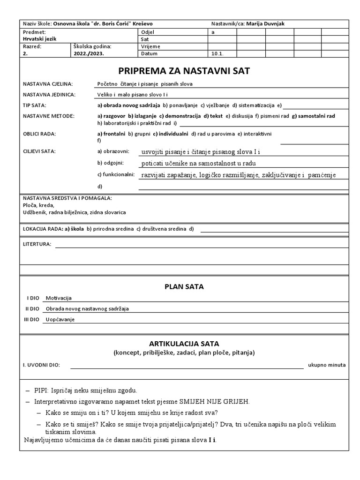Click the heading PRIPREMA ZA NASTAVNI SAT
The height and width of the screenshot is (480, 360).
[x=184, y=71]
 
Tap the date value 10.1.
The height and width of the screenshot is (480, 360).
[x=217, y=54]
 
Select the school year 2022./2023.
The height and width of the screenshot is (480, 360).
[x=89, y=54]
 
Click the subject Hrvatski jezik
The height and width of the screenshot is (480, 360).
[x=39, y=39]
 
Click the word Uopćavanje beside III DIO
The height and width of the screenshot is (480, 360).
[x=60, y=319]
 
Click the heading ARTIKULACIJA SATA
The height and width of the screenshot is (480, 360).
[x=184, y=344]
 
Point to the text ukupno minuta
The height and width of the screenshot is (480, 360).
[x=327, y=365]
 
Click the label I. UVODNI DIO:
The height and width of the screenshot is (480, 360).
[x=41, y=365]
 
